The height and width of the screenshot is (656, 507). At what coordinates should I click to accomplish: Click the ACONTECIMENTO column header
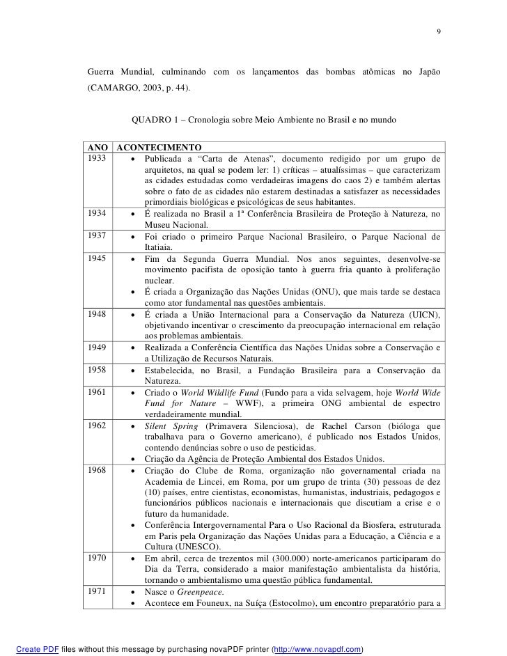pos(158,148)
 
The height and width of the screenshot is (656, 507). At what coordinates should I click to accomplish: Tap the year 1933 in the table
pos(98,159)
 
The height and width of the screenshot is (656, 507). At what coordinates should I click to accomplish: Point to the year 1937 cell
pos(98,236)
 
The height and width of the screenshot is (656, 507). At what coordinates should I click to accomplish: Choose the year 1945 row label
pos(98,258)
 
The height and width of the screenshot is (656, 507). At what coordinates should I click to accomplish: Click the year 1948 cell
pos(98,314)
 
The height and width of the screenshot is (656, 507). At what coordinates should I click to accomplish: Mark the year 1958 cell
pos(98,370)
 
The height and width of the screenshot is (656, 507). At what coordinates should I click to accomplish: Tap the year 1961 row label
pos(98,392)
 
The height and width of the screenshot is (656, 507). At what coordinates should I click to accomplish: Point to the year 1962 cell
pos(98,425)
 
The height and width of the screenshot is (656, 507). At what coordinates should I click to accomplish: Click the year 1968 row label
pos(98,470)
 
